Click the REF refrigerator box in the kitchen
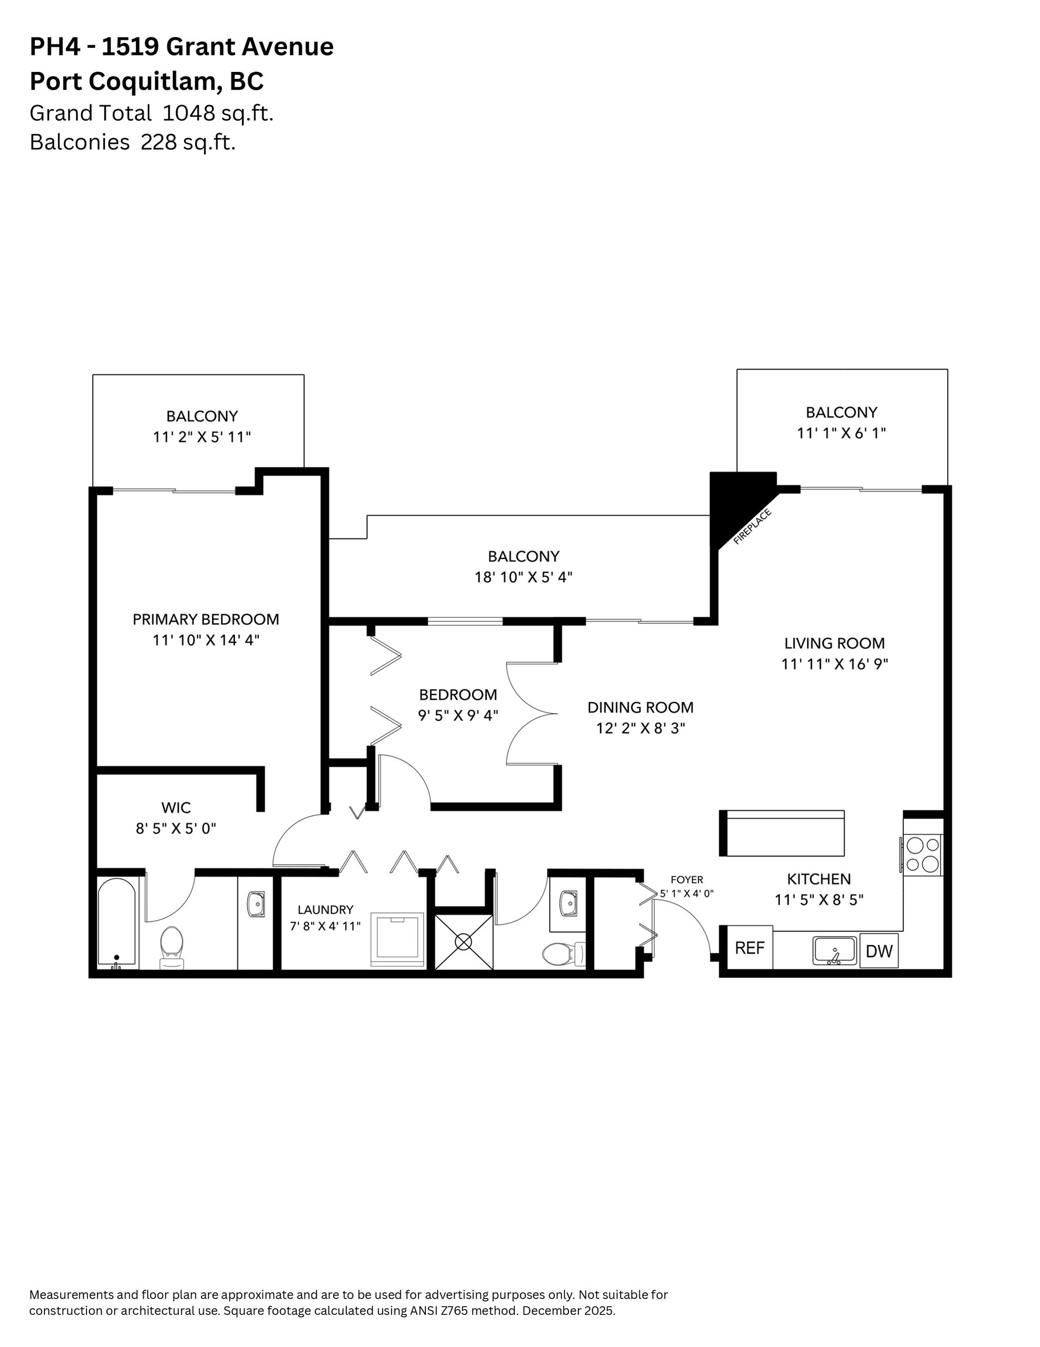(749, 947)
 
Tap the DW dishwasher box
(879, 951)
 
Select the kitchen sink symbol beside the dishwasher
(834, 951)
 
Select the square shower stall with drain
(463, 942)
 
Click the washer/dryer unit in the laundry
(397, 939)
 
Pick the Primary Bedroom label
(205, 619)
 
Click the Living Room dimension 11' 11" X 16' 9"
(834, 664)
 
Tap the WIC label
(176, 807)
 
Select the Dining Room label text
(640, 707)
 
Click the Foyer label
(686, 879)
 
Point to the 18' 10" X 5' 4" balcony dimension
(523, 577)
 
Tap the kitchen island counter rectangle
(781, 833)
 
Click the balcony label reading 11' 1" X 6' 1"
(841, 433)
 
